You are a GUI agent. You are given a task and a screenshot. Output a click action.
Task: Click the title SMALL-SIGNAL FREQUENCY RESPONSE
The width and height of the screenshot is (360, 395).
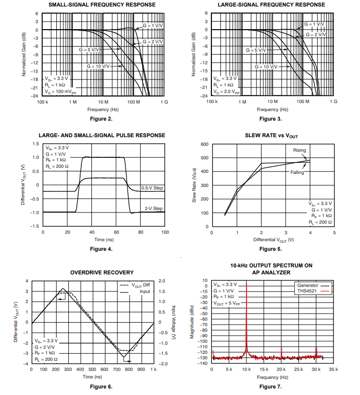coord(102,5)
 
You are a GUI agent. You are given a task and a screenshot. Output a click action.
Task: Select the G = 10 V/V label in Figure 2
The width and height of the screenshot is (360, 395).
coord(98,66)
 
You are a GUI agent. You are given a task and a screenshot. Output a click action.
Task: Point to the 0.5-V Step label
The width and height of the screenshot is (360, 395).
coord(152,188)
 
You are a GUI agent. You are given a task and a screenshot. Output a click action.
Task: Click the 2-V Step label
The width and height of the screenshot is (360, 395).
coord(154,209)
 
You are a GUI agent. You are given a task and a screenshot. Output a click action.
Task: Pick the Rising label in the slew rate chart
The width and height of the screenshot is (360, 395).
coord(299,150)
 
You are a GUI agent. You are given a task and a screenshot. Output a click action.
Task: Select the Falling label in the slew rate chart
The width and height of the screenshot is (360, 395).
coord(298,172)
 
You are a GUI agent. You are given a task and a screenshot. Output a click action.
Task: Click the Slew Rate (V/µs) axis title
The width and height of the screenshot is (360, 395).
coord(194,185)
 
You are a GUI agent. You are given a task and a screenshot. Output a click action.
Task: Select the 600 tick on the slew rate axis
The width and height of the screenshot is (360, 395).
coord(204,144)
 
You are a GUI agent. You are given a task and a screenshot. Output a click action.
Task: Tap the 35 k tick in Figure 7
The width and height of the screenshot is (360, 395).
coord(333,370)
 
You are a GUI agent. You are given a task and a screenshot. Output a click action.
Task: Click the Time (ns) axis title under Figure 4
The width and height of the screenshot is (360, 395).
coord(103,240)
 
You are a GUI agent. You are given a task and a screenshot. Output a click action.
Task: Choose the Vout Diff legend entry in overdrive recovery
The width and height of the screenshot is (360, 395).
coord(135,285)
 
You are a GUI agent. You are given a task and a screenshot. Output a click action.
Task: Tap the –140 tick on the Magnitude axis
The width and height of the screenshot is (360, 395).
coord(204,363)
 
